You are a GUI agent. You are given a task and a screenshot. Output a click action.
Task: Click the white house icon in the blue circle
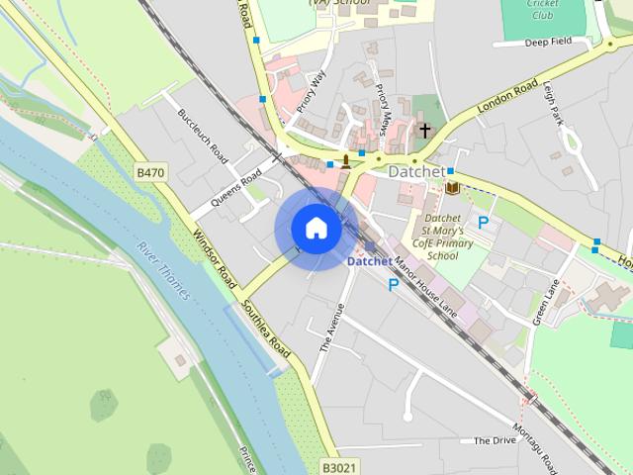click(x=316, y=228)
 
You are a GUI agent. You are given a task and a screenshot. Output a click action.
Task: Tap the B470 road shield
click(x=150, y=173)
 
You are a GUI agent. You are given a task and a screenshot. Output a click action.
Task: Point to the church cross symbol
click(x=425, y=131)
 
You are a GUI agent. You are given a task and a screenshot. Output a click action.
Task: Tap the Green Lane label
click(x=547, y=301)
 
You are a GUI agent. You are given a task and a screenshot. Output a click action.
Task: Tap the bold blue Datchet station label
click(x=369, y=262)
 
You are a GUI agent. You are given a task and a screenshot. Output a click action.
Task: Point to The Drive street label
click(x=495, y=441)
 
